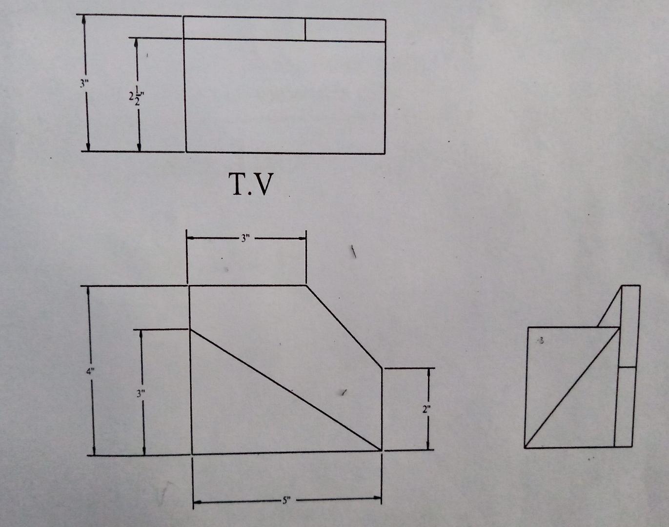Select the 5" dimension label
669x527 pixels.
[x=285, y=500]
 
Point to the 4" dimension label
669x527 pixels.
[x=90, y=371]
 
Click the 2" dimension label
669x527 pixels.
[x=426, y=409]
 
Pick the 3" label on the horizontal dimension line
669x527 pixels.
[x=245, y=238]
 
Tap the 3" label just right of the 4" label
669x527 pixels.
[x=141, y=393]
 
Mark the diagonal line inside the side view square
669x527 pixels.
[x=572, y=387]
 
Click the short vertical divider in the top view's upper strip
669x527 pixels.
[x=305, y=30]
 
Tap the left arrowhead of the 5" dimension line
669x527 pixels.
[x=196, y=501]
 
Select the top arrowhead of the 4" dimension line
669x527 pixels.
[x=89, y=290]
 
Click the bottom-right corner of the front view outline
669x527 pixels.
[x=382, y=450]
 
